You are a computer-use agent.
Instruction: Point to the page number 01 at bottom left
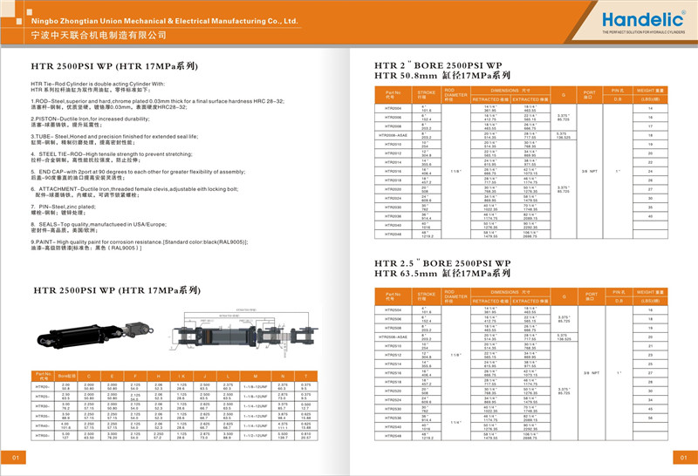coord(15,458)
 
